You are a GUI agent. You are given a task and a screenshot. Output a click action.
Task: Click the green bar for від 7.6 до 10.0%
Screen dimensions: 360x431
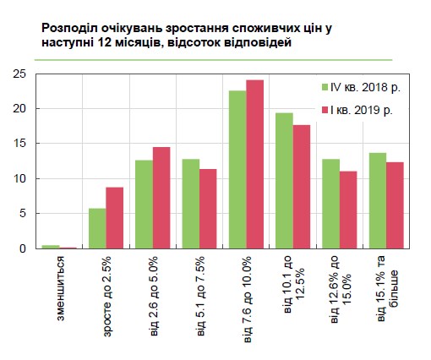237,169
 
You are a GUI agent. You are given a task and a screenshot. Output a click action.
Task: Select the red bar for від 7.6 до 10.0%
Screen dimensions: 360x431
254,164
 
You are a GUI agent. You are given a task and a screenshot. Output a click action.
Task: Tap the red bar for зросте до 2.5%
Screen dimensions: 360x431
114,217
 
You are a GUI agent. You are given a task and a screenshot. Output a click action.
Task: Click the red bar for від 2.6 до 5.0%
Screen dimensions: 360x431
161,198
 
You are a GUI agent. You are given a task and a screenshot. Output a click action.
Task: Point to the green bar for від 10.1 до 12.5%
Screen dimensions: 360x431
284,181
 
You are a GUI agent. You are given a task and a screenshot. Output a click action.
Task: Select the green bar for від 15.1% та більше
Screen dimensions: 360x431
378,200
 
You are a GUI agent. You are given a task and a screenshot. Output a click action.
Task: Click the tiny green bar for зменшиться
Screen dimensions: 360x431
51,247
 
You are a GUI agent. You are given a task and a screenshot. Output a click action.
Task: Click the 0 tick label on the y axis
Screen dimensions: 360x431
25,248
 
